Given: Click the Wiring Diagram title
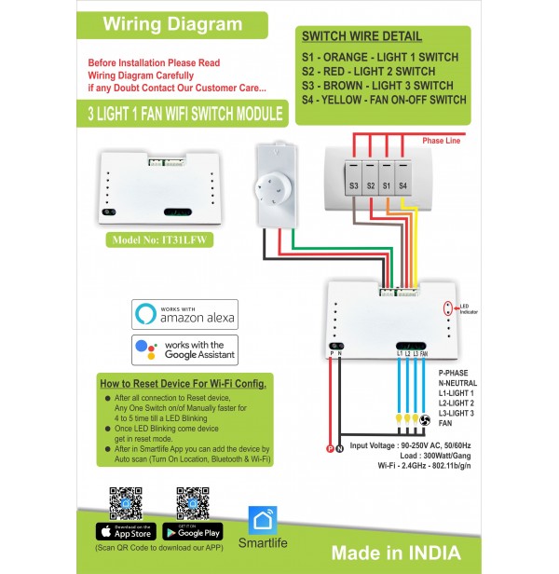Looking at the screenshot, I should pos(172,23).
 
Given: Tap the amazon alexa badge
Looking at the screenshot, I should pos(184,313).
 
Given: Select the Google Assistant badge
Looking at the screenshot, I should pos(184,349).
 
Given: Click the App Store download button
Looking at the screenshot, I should pos(124,532).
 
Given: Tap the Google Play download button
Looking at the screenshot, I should pos(192,532).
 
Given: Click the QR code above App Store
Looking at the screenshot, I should pos(124,502).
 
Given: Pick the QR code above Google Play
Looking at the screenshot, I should pos(192,502).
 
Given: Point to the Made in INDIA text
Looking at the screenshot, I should pos(395,553).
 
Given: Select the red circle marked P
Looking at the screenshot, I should pos(328,450).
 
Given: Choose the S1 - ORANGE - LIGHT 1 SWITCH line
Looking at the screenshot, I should pos(379,57).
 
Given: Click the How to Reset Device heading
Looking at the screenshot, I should pos(183,384).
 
